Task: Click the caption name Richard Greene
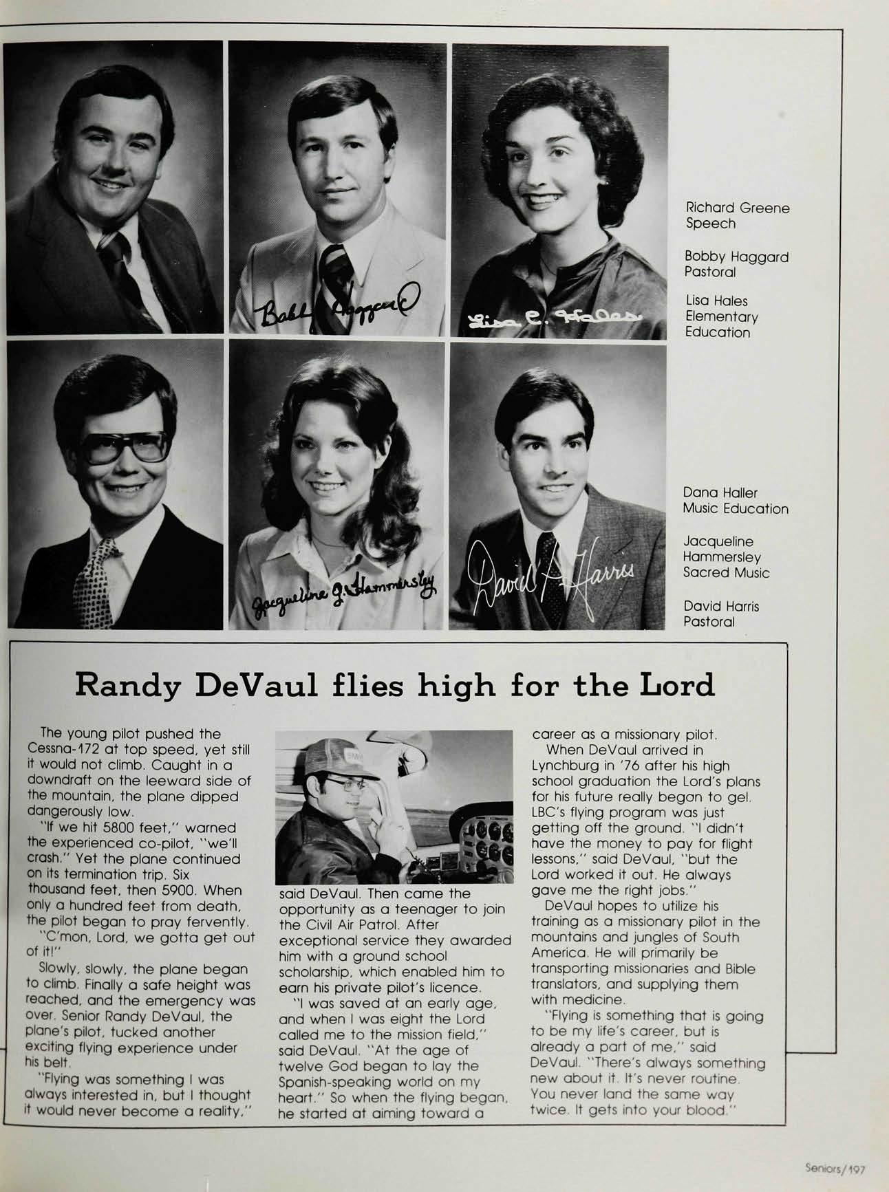[x=737, y=208]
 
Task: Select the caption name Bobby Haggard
[x=736, y=257]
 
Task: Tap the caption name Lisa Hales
[x=716, y=301]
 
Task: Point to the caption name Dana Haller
[x=720, y=492]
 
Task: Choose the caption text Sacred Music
[x=726, y=572]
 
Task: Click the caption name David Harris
[x=720, y=606]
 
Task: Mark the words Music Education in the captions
[x=736, y=508]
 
